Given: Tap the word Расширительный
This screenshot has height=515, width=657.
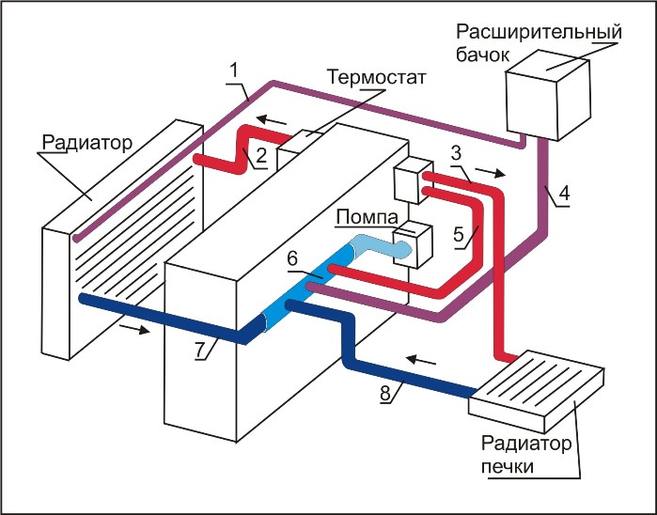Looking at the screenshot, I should click(554, 30).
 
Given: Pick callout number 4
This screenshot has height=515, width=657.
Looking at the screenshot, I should click(563, 195).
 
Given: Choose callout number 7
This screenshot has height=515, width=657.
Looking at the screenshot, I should click(200, 350).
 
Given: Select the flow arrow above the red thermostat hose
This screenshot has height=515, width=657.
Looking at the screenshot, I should click(274, 120).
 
